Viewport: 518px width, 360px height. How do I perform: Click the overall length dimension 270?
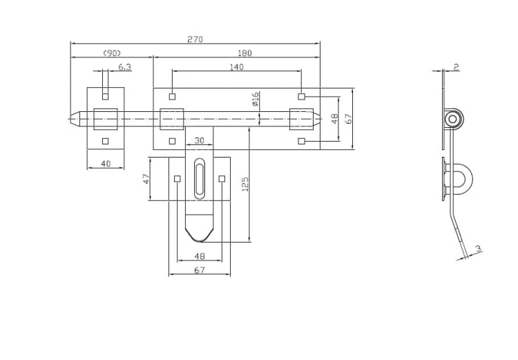195,39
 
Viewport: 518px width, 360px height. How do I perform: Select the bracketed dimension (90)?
112,53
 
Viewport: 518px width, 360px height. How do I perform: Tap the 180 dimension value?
244,53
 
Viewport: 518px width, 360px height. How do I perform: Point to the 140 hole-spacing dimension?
236,67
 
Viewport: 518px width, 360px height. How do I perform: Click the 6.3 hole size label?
124,67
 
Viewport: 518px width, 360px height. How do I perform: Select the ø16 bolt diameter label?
256,100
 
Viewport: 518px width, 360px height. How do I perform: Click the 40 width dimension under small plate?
106,163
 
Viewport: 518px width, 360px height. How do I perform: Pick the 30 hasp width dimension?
199,140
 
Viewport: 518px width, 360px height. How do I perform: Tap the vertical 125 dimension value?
244,184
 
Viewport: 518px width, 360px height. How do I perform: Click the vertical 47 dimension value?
146,179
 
